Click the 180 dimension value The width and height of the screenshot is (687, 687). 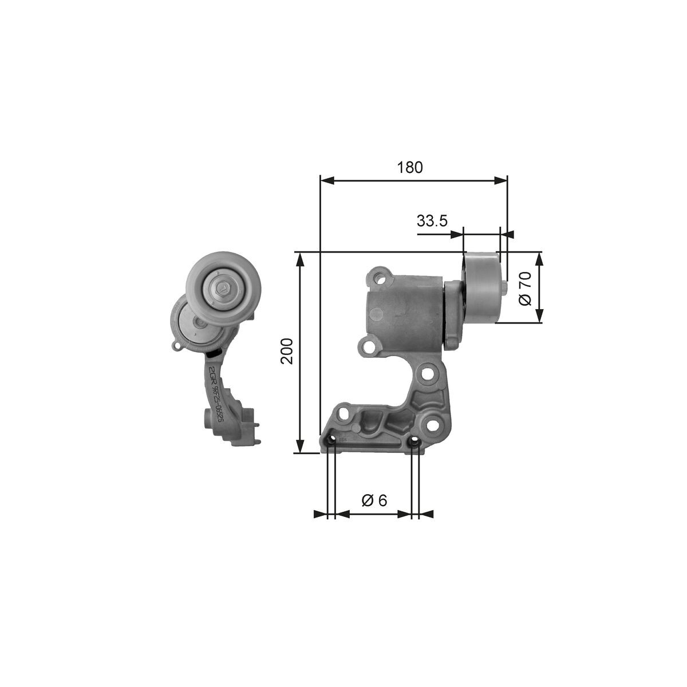[410, 167]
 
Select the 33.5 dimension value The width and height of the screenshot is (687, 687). [432, 220]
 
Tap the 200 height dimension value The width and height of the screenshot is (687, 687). [287, 351]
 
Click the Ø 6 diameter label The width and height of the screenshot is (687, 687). [374, 500]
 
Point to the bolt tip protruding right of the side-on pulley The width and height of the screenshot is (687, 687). [504, 287]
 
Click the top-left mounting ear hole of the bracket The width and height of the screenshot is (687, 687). [379, 279]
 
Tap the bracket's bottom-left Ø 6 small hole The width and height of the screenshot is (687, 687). [330, 441]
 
